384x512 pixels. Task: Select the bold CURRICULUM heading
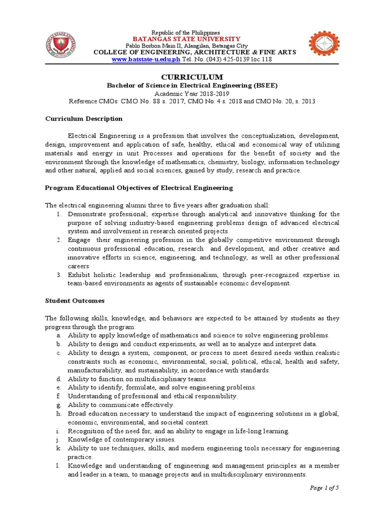pyautogui.click(x=192, y=76)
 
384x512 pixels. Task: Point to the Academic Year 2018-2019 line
pyautogui.click(x=192, y=93)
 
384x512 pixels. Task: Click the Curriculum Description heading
pyautogui.click(x=83, y=118)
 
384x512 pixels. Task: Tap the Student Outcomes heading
pyautogui.click(x=74, y=300)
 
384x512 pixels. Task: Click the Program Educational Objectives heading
pyautogui.click(x=138, y=187)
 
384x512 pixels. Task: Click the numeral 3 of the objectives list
pyautogui.click(x=58, y=274)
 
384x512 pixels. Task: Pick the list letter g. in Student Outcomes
pyautogui.click(x=58, y=404)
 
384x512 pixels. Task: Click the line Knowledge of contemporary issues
pyautogui.click(x=121, y=439)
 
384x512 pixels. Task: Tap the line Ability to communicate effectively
pyautogui.click(x=121, y=404)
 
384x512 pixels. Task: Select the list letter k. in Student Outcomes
pyautogui.click(x=58, y=448)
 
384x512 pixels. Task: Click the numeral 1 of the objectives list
pyautogui.click(x=58, y=214)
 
